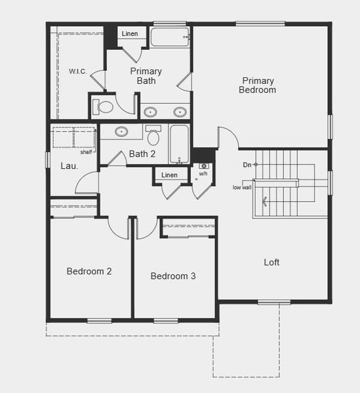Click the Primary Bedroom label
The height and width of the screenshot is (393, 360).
(x=257, y=85)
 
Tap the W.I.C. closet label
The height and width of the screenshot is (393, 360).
(x=77, y=71)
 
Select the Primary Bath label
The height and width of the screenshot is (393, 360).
(x=146, y=75)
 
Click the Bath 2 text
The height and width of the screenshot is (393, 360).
(x=142, y=155)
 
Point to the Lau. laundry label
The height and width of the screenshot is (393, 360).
(x=70, y=166)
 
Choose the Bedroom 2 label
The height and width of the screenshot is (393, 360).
(x=89, y=271)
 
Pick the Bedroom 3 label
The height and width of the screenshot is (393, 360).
(x=173, y=276)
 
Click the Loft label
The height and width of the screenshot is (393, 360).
(x=271, y=262)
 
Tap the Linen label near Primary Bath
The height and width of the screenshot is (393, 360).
(x=130, y=33)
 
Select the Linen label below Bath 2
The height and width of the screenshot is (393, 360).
(x=169, y=175)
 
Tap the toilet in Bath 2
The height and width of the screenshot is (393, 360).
(x=153, y=136)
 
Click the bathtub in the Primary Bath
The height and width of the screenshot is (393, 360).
(x=170, y=37)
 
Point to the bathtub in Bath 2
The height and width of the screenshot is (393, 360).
(x=179, y=143)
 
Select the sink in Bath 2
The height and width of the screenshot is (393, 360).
(x=121, y=132)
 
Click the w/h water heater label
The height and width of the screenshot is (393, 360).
(x=203, y=174)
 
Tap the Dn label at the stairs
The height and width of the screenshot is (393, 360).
(x=247, y=165)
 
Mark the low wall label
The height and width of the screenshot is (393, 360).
(x=242, y=187)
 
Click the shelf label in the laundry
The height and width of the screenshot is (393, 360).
(x=87, y=152)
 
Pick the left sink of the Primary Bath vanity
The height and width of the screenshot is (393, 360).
(x=150, y=111)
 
